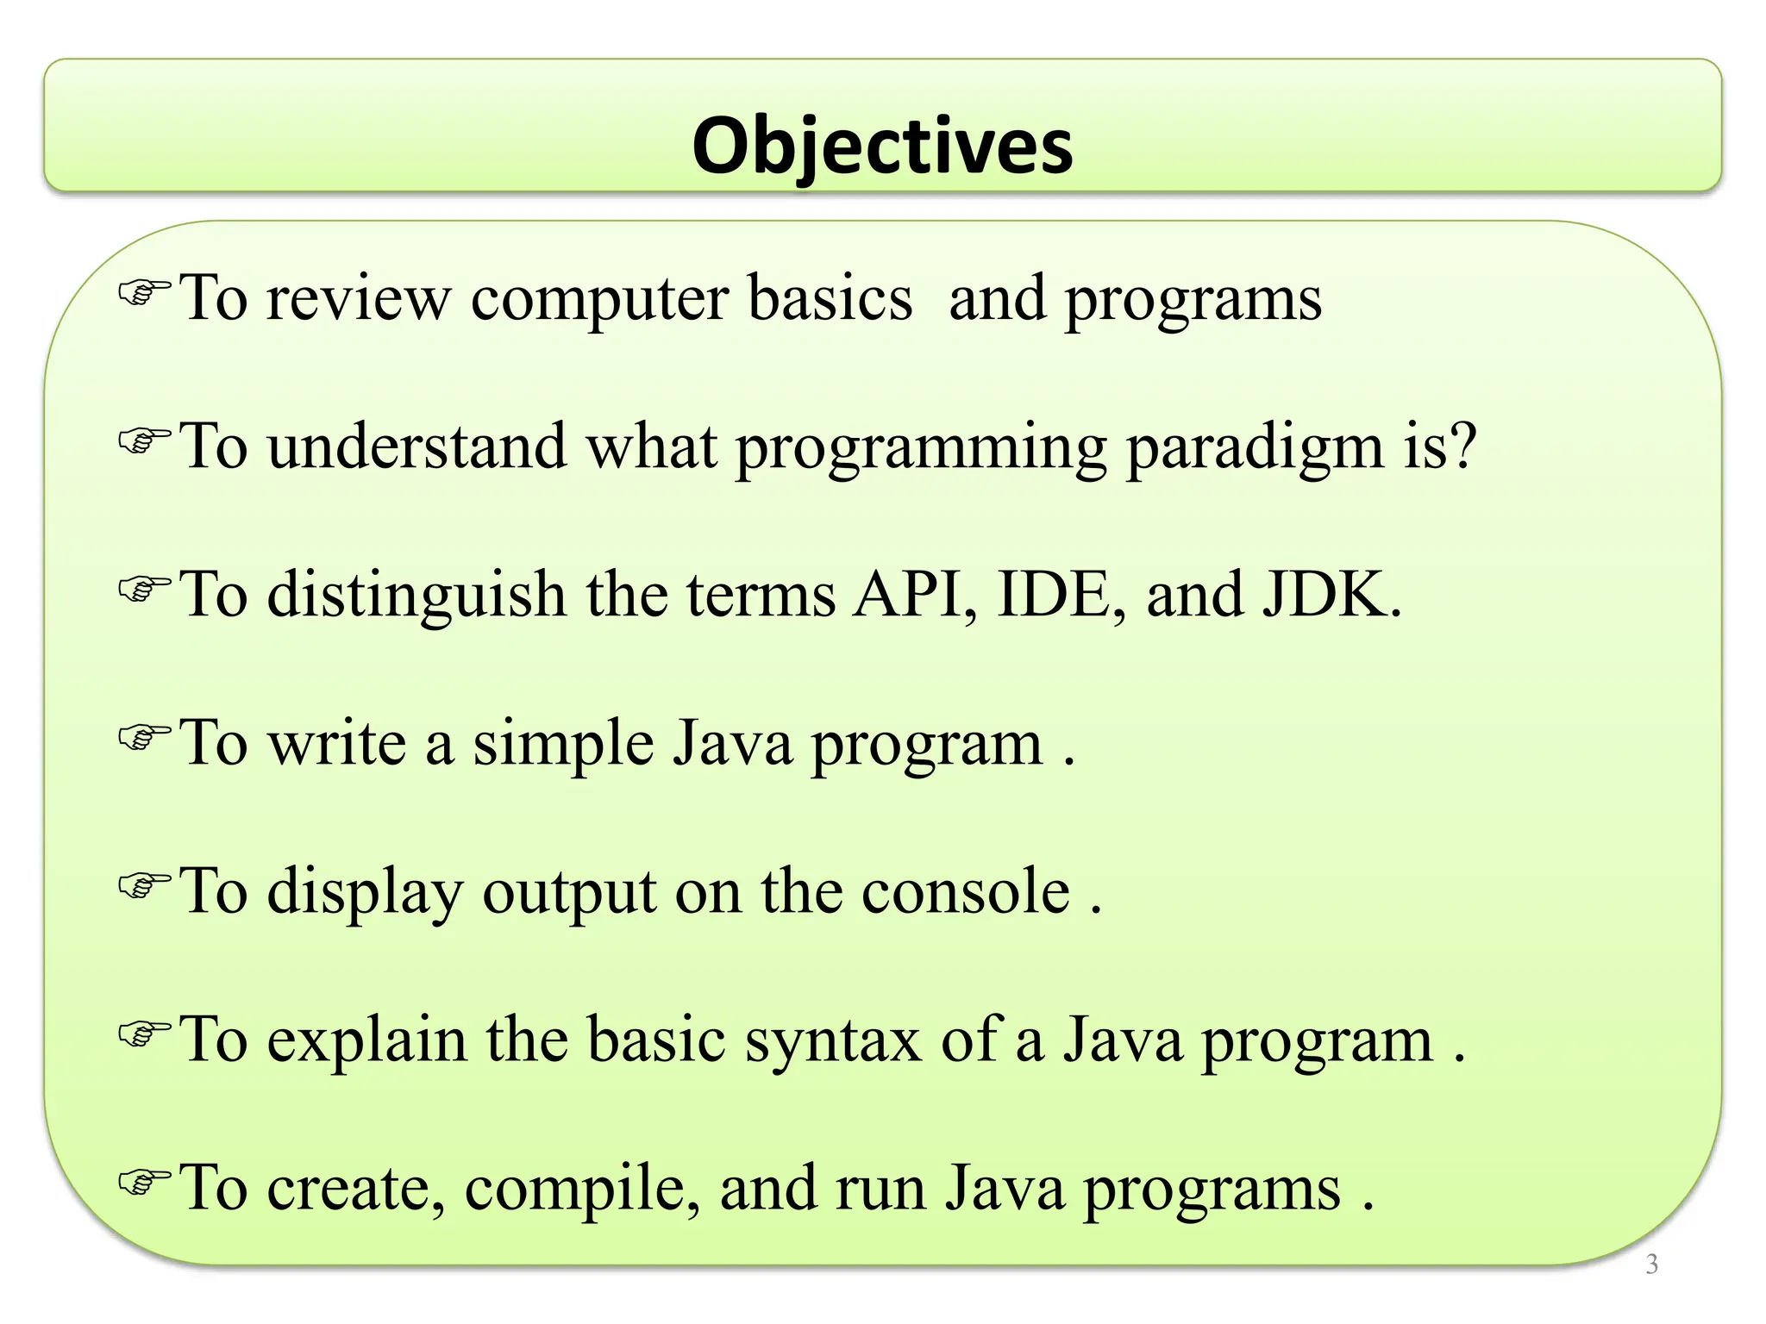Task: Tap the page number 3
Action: (1651, 1264)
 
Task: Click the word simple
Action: (563, 744)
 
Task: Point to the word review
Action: (358, 299)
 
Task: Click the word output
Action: (568, 893)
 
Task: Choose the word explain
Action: (366, 1040)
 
